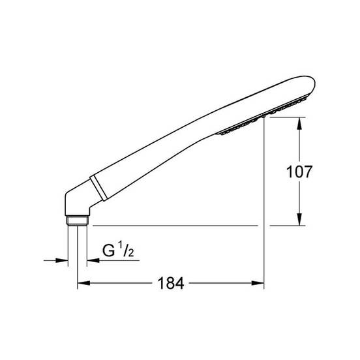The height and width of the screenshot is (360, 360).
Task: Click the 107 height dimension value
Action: [x=299, y=172]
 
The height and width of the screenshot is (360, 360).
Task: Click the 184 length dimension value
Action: [x=171, y=283]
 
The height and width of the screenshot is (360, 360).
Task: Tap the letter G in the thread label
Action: [x=109, y=250]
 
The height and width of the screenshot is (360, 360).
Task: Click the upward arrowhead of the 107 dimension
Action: [x=299, y=123]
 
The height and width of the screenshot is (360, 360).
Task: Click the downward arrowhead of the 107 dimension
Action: [x=299, y=219]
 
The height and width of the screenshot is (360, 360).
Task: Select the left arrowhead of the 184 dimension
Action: [x=83, y=283]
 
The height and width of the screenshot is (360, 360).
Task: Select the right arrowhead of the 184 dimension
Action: [x=258, y=283]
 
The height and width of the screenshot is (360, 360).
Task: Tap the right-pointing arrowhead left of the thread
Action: [x=62, y=260]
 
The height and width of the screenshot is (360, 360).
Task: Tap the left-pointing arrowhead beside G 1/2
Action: [x=93, y=260]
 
